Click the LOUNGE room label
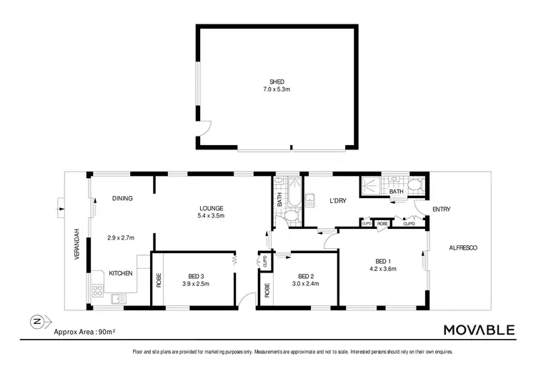coord(211,208)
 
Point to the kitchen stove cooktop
coord(98,290)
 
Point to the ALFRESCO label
coord(462,247)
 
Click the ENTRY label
coord(441,209)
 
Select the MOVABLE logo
coord(478,330)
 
